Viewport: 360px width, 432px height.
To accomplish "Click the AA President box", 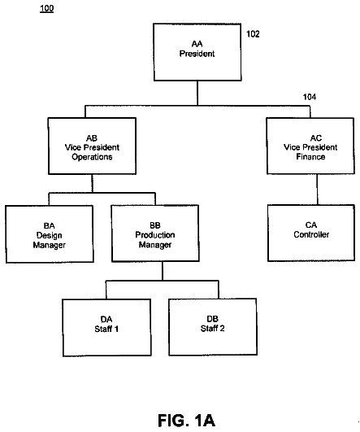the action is click(197, 52).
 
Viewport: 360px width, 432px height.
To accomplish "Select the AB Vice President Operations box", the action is click(92, 146).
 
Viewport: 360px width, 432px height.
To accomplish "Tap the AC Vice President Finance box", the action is click(310, 146).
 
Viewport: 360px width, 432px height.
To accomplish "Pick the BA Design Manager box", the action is click(50, 234).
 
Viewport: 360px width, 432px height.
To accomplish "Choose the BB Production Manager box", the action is click(155, 233).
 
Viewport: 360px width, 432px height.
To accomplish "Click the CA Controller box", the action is click(311, 233).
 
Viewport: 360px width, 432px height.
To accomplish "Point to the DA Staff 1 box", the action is click(106, 328).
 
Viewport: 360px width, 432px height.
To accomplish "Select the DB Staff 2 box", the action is click(213, 327).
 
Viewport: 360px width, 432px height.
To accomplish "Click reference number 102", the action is click(253, 34).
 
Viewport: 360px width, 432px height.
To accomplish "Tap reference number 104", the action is click(310, 97).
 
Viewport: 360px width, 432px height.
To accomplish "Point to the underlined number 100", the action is click(47, 8).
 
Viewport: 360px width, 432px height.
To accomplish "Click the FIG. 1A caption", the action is click(186, 421).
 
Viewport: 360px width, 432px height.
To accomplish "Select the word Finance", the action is click(310, 157).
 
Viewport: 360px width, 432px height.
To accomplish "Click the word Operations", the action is click(92, 157).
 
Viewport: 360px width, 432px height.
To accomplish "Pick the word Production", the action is click(155, 235).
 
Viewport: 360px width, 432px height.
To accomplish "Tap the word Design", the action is click(50, 236).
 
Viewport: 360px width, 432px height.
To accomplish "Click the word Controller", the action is click(311, 234).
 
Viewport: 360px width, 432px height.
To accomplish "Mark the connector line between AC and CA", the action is click(317, 190).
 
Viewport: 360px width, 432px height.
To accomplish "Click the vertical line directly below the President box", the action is click(197, 93).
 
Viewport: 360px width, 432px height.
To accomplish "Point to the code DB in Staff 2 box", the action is click(212, 319).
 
